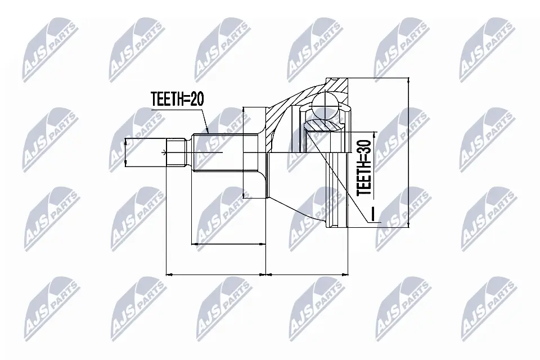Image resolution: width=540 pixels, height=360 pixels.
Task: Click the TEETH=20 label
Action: point(177,100)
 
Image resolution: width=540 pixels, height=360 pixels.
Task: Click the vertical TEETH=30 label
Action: point(365,168)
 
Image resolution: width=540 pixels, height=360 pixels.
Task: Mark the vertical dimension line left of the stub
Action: point(125,151)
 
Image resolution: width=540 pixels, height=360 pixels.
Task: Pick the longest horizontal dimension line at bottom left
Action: point(217,274)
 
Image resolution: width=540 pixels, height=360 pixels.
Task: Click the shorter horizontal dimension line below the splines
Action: point(228,244)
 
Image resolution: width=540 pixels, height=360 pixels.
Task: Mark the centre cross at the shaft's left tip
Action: point(164,152)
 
